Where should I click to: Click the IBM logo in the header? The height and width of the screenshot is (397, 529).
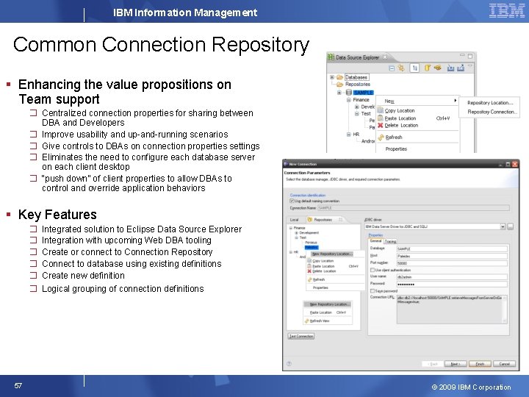tap(507, 11)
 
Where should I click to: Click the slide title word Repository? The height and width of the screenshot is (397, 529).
tap(261, 45)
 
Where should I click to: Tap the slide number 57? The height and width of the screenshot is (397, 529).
tap(18, 386)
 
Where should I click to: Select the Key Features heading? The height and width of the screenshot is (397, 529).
tap(57, 215)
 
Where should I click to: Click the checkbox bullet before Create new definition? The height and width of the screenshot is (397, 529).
tap(33, 276)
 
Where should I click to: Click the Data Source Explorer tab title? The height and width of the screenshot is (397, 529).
tap(357, 57)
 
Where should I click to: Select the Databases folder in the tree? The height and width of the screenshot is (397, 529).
tap(356, 77)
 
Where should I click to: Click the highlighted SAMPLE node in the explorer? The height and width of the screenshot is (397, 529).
tap(363, 93)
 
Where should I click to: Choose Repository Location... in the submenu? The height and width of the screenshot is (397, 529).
tap(490, 103)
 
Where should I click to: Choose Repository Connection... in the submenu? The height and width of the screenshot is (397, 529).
tap(492, 112)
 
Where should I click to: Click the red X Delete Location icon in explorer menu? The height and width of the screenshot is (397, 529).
tap(380, 125)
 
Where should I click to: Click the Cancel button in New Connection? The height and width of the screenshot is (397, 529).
tap(504, 363)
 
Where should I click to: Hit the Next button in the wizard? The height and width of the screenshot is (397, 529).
tap(456, 363)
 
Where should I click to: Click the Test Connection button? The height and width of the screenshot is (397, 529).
tap(301, 336)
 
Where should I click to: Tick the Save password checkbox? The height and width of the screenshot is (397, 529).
tap(372, 291)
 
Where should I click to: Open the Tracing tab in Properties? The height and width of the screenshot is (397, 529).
tap(390, 241)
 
